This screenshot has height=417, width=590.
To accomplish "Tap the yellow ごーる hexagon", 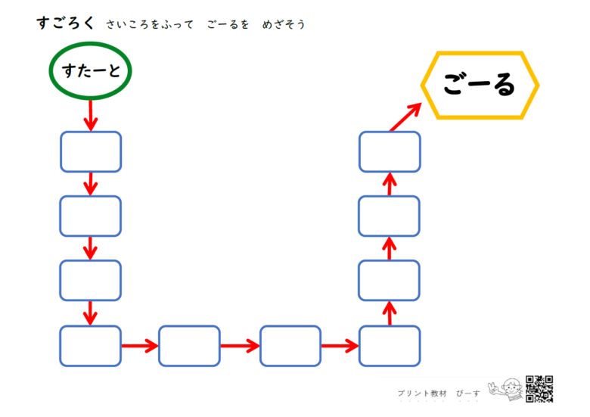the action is pyautogui.click(x=480, y=54).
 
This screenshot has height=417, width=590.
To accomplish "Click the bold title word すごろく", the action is pyautogui.click(x=66, y=23).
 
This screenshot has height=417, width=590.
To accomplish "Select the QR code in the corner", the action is pyautogui.click(x=539, y=389).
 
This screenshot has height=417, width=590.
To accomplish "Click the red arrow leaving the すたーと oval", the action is pyautogui.click(x=90, y=115).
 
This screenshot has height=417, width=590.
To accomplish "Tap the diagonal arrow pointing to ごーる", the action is pyautogui.click(x=405, y=117).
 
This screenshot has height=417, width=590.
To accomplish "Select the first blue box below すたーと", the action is pyautogui.click(x=91, y=151).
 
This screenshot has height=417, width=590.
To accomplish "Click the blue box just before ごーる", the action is pyautogui.click(x=390, y=151).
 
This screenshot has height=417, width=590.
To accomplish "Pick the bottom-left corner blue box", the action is pyautogui.click(x=90, y=346).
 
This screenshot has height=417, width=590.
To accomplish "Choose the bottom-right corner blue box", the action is pyautogui.click(x=390, y=346).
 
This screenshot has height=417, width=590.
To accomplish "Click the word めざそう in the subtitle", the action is pyautogui.click(x=284, y=24).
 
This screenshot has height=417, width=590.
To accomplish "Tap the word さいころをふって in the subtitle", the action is pyautogui.click(x=150, y=24).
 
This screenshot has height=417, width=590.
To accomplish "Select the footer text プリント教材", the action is pyautogui.click(x=422, y=394).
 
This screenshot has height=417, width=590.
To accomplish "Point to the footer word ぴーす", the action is pyautogui.click(x=468, y=394).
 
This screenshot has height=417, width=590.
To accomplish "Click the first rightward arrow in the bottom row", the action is pyautogui.click(x=140, y=346).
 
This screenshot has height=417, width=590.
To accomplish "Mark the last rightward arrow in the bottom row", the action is pyautogui.click(x=340, y=346).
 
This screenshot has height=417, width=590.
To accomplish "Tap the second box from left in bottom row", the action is pyautogui.click(x=189, y=346).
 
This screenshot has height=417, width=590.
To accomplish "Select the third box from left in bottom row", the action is pyautogui.click(x=290, y=346).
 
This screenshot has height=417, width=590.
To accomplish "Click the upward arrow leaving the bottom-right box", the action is pyautogui.click(x=390, y=313).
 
